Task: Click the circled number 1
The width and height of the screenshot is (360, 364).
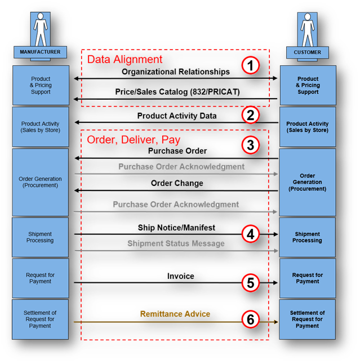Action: coord(251,66)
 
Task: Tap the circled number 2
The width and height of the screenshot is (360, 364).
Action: coord(251,116)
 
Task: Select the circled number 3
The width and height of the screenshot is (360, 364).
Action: coord(251,145)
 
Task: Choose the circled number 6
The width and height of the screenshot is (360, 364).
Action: coord(251,319)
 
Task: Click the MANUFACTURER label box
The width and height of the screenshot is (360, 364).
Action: coord(40,52)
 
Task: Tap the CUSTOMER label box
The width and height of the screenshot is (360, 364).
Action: coord(307,52)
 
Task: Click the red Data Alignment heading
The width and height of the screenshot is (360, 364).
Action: coord(125,59)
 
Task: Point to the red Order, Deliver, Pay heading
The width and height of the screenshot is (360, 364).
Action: coord(133,139)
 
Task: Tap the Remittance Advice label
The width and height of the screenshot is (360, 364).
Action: coord(175,314)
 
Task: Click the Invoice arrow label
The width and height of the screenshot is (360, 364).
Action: coord(180,276)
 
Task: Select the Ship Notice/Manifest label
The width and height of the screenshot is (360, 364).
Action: coord(176,228)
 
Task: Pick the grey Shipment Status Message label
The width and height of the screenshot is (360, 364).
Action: coord(176,243)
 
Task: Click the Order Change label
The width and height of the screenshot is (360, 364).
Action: coord(177,183)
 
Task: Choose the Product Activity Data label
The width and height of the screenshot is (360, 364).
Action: coord(176,116)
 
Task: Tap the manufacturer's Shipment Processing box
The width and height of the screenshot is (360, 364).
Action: coord(40,237)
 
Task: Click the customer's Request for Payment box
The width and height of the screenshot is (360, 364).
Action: coord(308,278)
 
